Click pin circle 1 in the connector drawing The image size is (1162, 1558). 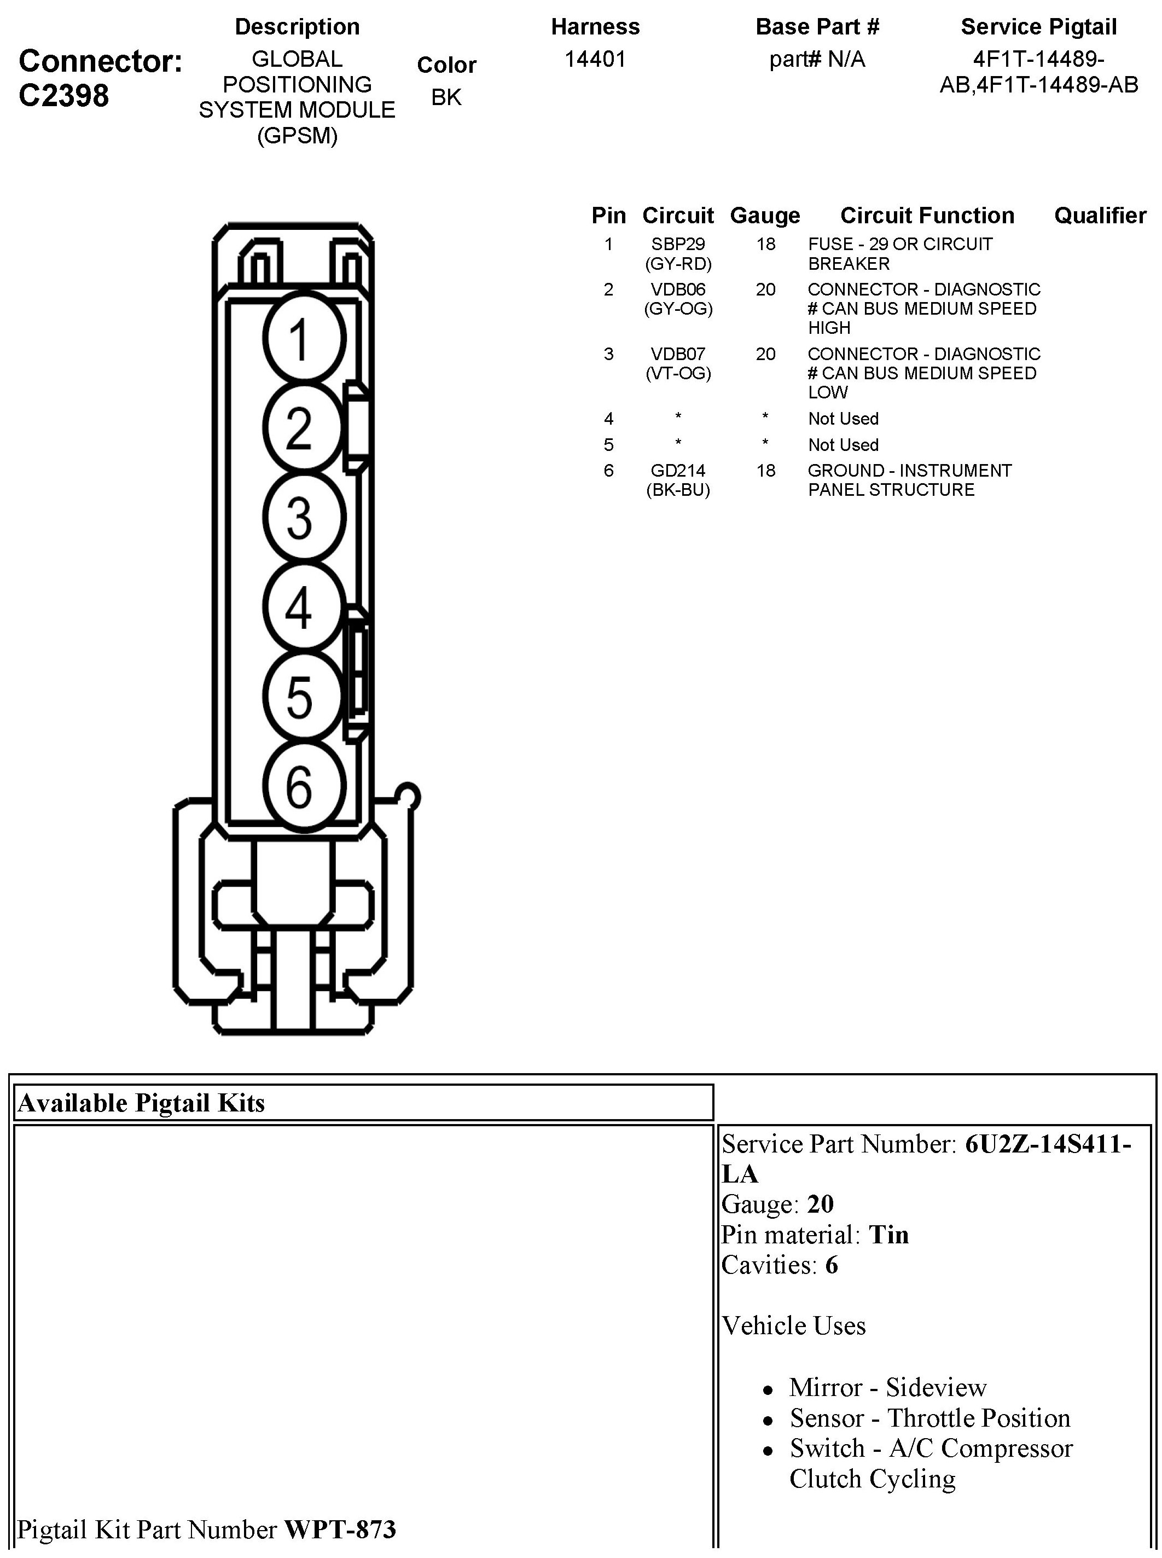[304, 338]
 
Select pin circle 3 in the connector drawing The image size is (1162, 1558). [304, 518]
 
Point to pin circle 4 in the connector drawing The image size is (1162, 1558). [304, 607]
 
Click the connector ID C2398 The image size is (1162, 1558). [64, 96]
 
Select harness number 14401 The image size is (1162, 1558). [595, 59]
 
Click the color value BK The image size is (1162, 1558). [446, 97]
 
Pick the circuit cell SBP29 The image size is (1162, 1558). [678, 244]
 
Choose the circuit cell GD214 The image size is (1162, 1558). [678, 471]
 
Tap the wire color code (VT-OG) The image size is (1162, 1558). [678, 374]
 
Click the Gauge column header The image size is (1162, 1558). [765, 215]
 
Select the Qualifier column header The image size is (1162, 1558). [1100, 215]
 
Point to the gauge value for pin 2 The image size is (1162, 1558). [765, 289]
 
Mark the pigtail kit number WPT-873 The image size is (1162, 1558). [340, 1529]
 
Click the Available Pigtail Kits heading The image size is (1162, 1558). [141, 1103]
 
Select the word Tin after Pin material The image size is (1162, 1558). [888, 1235]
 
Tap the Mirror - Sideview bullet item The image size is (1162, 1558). [888, 1387]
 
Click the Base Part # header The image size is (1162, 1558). [817, 27]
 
